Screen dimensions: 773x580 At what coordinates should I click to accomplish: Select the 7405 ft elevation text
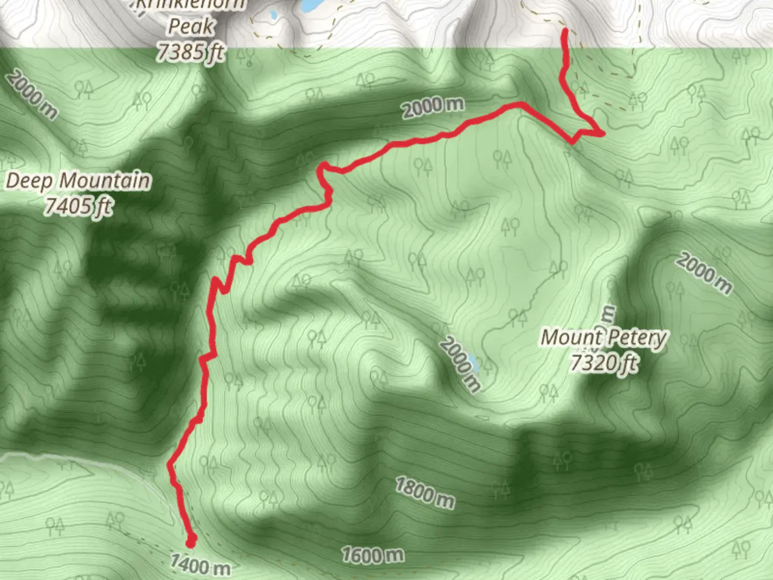[x=78, y=206]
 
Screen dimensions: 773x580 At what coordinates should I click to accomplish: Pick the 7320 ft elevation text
[x=603, y=364]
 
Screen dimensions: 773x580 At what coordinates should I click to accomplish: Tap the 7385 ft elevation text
[x=190, y=52]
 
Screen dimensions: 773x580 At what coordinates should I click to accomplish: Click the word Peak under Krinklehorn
[x=191, y=26]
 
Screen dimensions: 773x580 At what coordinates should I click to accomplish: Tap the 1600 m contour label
[x=373, y=555]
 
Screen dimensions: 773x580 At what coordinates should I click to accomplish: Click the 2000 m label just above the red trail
[x=433, y=107]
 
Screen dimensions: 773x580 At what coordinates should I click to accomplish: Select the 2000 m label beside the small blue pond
[x=460, y=364]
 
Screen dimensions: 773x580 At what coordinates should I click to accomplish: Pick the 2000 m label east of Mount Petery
[x=704, y=274]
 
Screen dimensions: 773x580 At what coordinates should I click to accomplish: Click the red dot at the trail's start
[x=190, y=539]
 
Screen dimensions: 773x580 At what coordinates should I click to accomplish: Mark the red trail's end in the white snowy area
[x=565, y=32]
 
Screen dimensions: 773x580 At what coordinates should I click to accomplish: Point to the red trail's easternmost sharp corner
[x=603, y=132]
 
